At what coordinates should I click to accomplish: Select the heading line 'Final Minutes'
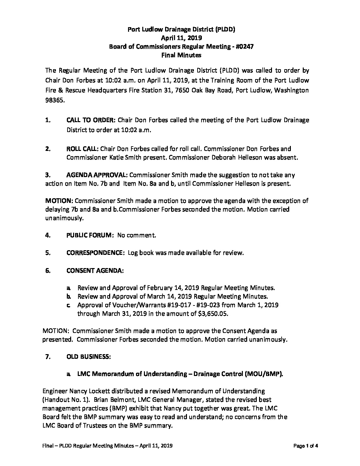click(181, 55)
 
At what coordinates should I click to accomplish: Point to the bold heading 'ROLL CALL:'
click(82, 149)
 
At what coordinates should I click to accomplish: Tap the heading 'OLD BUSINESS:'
click(88, 356)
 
